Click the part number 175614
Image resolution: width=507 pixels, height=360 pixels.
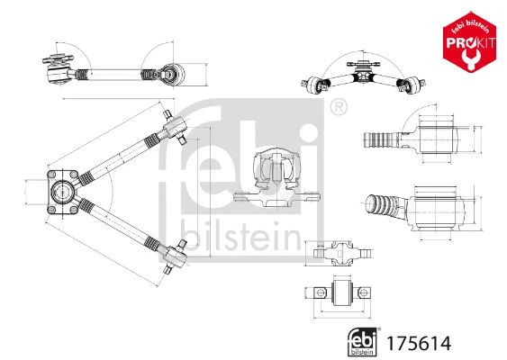pyautogui.click(x=419, y=344)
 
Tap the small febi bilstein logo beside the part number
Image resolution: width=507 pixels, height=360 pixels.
pyautogui.click(x=363, y=342)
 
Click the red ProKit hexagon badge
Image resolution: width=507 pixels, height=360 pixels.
pyautogui.click(x=469, y=42)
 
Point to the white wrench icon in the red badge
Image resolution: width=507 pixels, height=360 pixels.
pyautogui.click(x=469, y=58)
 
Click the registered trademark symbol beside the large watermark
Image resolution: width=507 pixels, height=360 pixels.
pyautogui.click(x=339, y=107)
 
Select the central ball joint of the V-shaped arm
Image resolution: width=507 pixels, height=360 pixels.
pyautogui.click(x=62, y=192)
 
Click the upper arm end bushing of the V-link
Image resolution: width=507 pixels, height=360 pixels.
pyautogui.click(x=175, y=127)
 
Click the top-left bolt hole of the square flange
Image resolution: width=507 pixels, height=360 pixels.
pyautogui.click(x=51, y=175)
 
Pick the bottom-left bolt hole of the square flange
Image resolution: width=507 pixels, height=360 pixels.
pyautogui.click(x=51, y=210)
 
